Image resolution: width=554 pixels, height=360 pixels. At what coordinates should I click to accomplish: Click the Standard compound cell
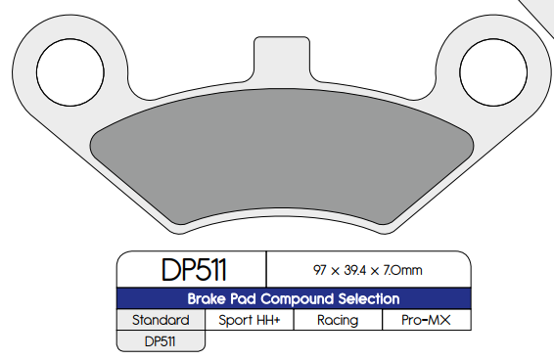click(160, 320)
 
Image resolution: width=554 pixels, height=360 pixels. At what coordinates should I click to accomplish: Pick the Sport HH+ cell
click(248, 320)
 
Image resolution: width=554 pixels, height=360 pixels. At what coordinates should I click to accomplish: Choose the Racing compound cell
click(337, 320)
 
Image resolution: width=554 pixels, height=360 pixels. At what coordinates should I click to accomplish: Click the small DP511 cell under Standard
click(161, 341)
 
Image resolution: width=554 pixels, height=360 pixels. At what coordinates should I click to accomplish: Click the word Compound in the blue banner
click(292, 299)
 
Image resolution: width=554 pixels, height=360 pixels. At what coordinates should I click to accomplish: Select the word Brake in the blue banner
click(208, 299)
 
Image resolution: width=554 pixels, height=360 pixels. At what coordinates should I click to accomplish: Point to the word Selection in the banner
click(364, 299)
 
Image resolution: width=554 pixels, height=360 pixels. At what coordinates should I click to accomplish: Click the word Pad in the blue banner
click(245, 299)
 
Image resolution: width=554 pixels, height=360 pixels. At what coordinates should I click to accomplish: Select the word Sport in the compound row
click(236, 320)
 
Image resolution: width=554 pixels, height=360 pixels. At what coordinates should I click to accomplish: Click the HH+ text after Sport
click(268, 320)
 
